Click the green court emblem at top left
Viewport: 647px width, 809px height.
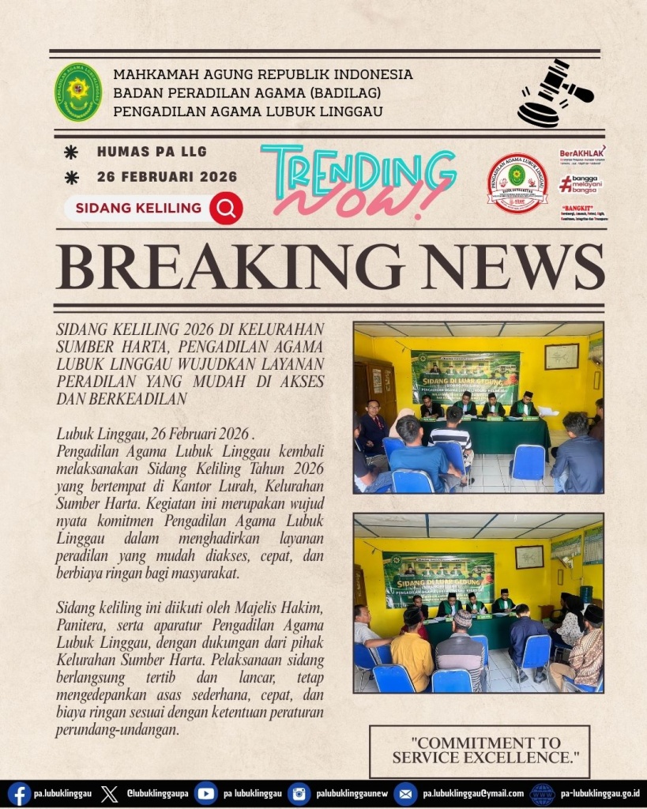tap(77, 92)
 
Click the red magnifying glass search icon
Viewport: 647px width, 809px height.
tap(226, 209)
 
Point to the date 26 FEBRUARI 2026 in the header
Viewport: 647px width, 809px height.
tap(167, 177)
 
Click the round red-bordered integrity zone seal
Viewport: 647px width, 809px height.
tap(517, 183)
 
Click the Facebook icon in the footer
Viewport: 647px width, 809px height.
tap(19, 793)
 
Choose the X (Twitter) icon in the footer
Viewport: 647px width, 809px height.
tap(110, 793)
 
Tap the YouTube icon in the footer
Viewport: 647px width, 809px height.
tap(205, 793)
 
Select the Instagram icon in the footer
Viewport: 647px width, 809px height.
tap(299, 793)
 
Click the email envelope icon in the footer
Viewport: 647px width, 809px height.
tap(405, 793)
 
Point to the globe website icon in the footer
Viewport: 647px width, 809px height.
tap(542, 793)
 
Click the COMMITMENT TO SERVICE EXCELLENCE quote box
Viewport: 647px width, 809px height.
tap(480, 751)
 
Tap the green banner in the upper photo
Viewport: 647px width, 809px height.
tap(465, 376)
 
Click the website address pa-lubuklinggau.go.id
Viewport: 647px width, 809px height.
tap(600, 793)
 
